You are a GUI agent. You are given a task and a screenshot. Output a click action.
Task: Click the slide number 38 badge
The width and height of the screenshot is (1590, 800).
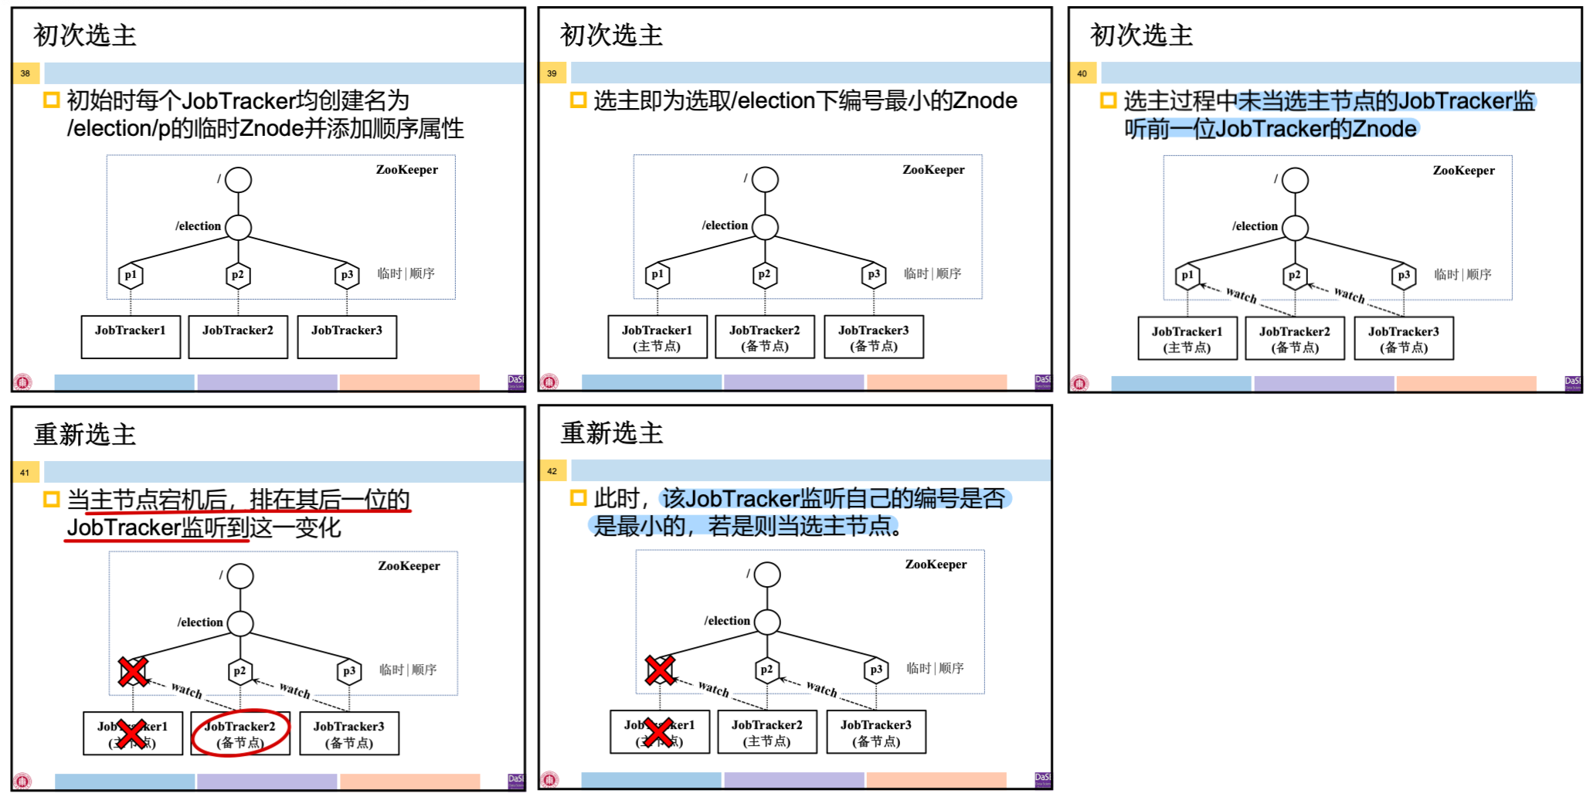[x=25, y=73]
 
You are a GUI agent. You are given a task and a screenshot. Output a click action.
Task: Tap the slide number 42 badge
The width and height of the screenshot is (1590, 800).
[x=552, y=471]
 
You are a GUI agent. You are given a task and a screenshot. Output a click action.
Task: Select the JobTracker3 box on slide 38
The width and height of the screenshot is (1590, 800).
[x=347, y=337]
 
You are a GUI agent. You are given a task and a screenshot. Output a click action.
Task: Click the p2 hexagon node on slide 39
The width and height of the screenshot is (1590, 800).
[x=764, y=274]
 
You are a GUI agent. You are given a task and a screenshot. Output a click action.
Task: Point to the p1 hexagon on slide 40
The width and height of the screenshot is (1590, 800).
[x=1187, y=275]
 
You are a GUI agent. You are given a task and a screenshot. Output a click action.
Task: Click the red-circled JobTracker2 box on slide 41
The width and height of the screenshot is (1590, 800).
[x=240, y=734]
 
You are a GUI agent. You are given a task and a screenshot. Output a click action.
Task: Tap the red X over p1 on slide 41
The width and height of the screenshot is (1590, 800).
[x=133, y=671]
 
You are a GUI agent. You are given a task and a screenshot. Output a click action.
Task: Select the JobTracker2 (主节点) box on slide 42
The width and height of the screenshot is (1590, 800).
[x=767, y=732]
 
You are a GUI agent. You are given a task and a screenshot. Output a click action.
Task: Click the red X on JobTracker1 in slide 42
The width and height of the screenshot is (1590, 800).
[x=658, y=732]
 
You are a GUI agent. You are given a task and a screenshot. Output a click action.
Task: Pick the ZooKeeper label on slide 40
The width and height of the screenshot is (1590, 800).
[x=1463, y=171]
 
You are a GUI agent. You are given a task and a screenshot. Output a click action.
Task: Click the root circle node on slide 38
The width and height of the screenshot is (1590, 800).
[x=239, y=180]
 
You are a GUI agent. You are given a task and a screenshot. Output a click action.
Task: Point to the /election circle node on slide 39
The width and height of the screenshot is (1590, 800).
[x=765, y=227]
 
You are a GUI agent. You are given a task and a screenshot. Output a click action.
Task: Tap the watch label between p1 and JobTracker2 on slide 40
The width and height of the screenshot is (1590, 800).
[x=1242, y=295]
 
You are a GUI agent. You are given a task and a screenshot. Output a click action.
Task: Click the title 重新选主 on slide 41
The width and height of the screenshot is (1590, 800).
[x=85, y=435]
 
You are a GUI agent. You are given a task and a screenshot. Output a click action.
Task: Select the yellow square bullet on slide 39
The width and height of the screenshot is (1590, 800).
[x=578, y=100]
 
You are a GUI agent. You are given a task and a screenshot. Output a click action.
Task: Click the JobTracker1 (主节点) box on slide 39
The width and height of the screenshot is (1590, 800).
[x=657, y=337]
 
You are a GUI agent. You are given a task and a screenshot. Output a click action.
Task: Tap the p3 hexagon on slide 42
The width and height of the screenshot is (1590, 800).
[x=875, y=669]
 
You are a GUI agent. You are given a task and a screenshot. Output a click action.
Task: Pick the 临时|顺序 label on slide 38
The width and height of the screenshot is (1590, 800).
[x=406, y=273]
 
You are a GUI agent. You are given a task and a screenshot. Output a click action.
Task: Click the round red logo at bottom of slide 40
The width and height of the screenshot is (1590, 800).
[x=1079, y=383]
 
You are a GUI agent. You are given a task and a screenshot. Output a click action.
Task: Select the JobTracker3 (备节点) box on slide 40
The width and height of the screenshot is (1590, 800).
[x=1404, y=339]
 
